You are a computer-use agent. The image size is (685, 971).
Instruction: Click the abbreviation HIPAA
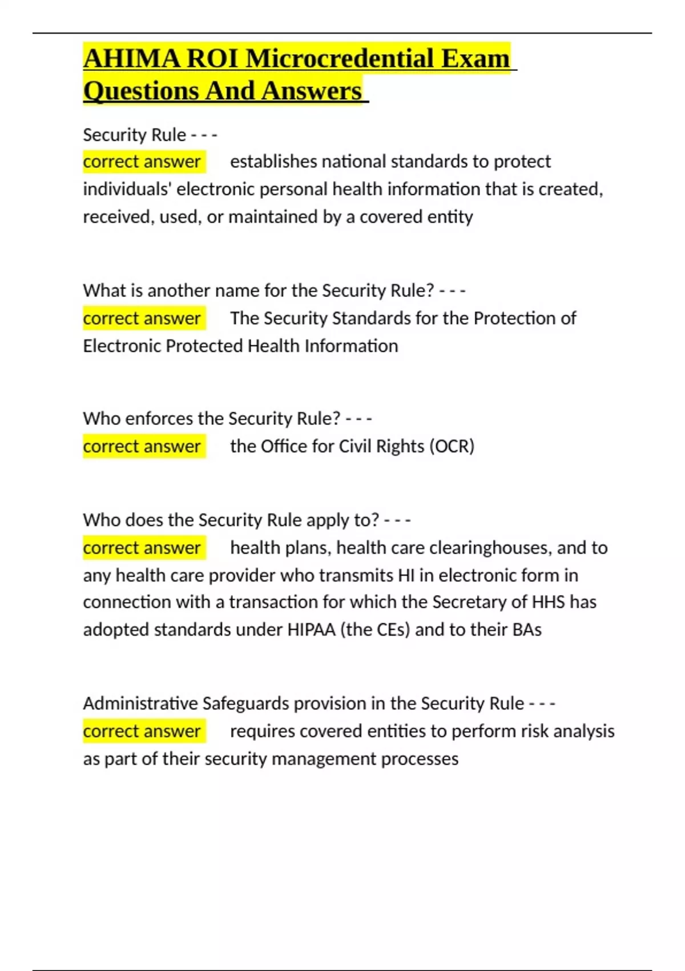tap(311, 629)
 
